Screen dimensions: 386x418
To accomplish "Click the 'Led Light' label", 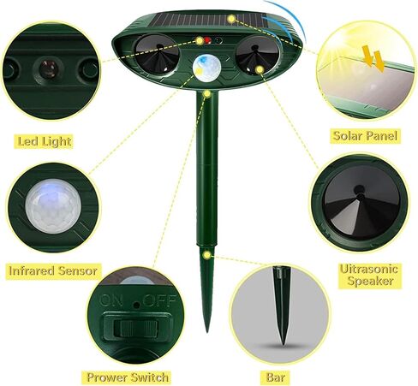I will pyautogui.click(x=44, y=140).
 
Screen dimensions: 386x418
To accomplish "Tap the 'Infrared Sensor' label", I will pyautogui.click(x=53, y=270).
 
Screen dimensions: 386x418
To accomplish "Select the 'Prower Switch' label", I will pyautogui.click(x=128, y=376).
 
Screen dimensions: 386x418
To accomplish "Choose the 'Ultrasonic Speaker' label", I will pyautogui.click(x=367, y=274).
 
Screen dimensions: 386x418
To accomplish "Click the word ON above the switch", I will pyautogui.click(x=113, y=300).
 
